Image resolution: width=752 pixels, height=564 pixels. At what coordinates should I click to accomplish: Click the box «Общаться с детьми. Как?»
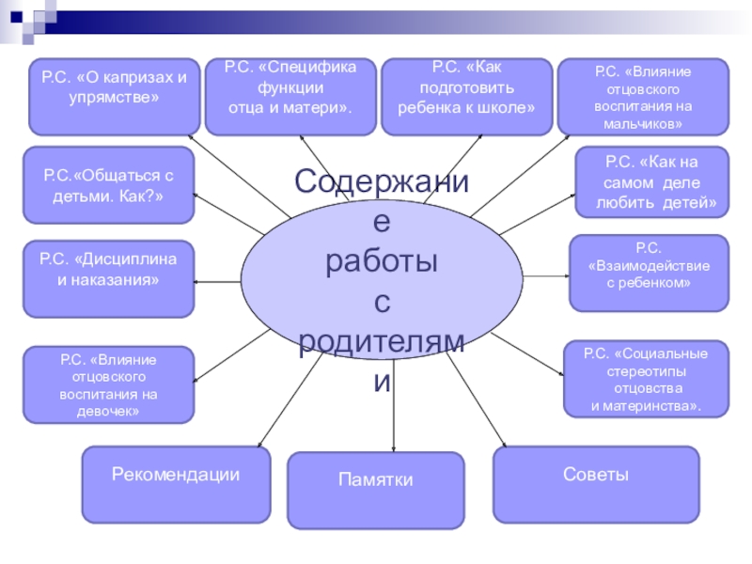coord(108,184)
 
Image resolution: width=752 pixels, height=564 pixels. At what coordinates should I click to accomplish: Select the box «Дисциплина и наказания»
coord(108,279)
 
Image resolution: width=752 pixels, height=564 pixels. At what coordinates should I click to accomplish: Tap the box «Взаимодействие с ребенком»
coord(649,273)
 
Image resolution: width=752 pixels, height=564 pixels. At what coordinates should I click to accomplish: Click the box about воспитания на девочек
coord(108,384)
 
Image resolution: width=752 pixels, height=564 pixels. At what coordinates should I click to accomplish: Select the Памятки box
coord(375,490)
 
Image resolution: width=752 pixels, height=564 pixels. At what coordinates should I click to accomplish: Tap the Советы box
coord(596,484)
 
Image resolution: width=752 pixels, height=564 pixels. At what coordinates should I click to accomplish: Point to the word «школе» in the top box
coord(513,106)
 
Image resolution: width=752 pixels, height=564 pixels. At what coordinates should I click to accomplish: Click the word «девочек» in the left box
coord(108,412)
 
